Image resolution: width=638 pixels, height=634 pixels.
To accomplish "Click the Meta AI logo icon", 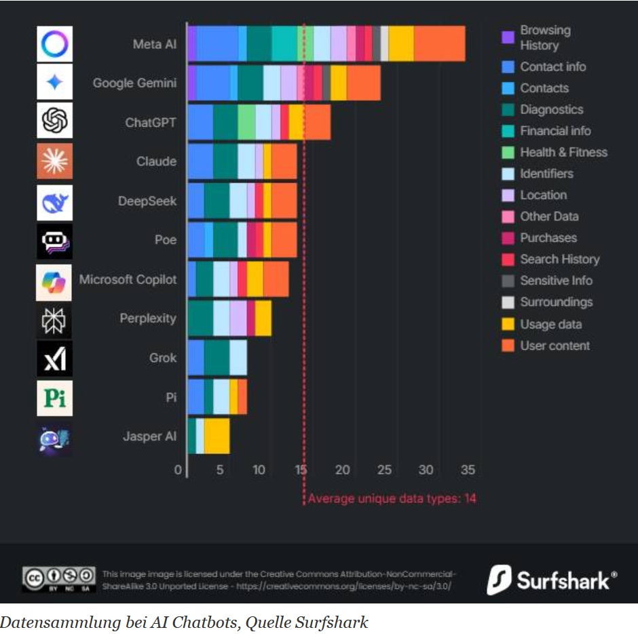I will [x=54, y=44].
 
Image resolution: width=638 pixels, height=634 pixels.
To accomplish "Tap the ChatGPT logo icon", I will [x=54, y=122].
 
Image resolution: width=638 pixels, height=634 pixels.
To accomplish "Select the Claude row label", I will [x=156, y=162].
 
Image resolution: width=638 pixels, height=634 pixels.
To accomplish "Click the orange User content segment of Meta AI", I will [x=439, y=44].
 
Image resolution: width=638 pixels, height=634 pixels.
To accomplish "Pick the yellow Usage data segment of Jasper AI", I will [x=217, y=436].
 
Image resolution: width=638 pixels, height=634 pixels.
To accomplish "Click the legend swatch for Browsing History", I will [x=507, y=38].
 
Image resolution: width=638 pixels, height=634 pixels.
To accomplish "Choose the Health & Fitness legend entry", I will [x=563, y=152].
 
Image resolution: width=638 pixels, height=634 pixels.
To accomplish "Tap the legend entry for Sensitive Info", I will [x=556, y=280].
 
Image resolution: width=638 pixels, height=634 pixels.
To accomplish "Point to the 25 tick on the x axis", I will [x=385, y=470].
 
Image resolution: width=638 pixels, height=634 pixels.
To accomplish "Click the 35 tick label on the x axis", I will [x=467, y=470].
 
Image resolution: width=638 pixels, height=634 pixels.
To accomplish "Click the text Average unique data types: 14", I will [x=392, y=499].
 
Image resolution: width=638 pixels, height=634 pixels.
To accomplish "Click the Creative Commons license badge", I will [x=59, y=578].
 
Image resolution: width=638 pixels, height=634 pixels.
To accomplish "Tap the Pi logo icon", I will [x=54, y=398].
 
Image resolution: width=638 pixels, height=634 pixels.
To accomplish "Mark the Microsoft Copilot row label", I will [x=128, y=280].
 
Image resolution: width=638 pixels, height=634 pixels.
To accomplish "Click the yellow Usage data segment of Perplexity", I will [x=263, y=318].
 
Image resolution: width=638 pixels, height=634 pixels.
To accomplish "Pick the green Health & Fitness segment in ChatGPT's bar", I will [x=246, y=122].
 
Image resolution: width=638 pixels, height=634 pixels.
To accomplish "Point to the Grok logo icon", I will [x=54, y=358].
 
